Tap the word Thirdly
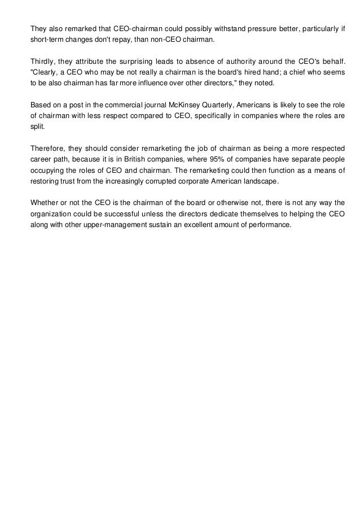(x=44, y=60)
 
